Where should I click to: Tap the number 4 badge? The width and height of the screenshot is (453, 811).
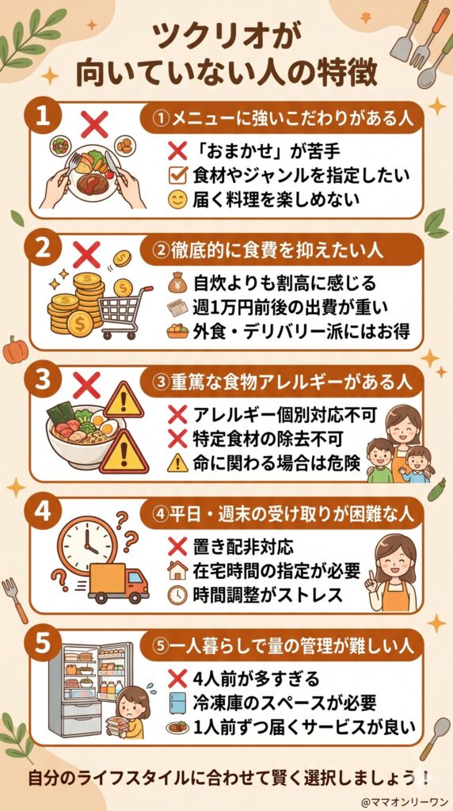(x=46, y=513)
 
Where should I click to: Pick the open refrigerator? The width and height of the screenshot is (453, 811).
(x=79, y=685)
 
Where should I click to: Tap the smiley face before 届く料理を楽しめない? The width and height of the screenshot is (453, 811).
(x=177, y=200)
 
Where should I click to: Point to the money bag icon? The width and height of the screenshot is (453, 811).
(x=177, y=281)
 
